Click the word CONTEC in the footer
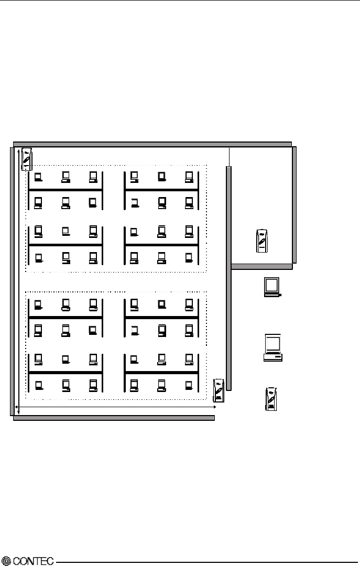pyautogui.click(x=34, y=561)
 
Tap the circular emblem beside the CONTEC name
pyautogui.click(x=6, y=561)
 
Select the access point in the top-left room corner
pyautogui.click(x=27, y=159)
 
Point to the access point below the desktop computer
pyautogui.click(x=271, y=399)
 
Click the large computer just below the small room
pyautogui.click(x=272, y=287)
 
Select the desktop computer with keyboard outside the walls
pyautogui.click(x=272, y=347)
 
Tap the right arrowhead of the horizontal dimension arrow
pyautogui.click(x=215, y=406)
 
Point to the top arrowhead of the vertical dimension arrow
pyautogui.click(x=19, y=151)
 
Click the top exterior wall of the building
pyautogui.click(x=152, y=144)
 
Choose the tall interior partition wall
pyautogui.click(x=228, y=278)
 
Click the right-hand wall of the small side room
pyautogui.click(x=294, y=204)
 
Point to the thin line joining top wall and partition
pyautogui.click(x=230, y=156)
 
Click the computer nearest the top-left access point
pyautogui.click(x=38, y=177)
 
